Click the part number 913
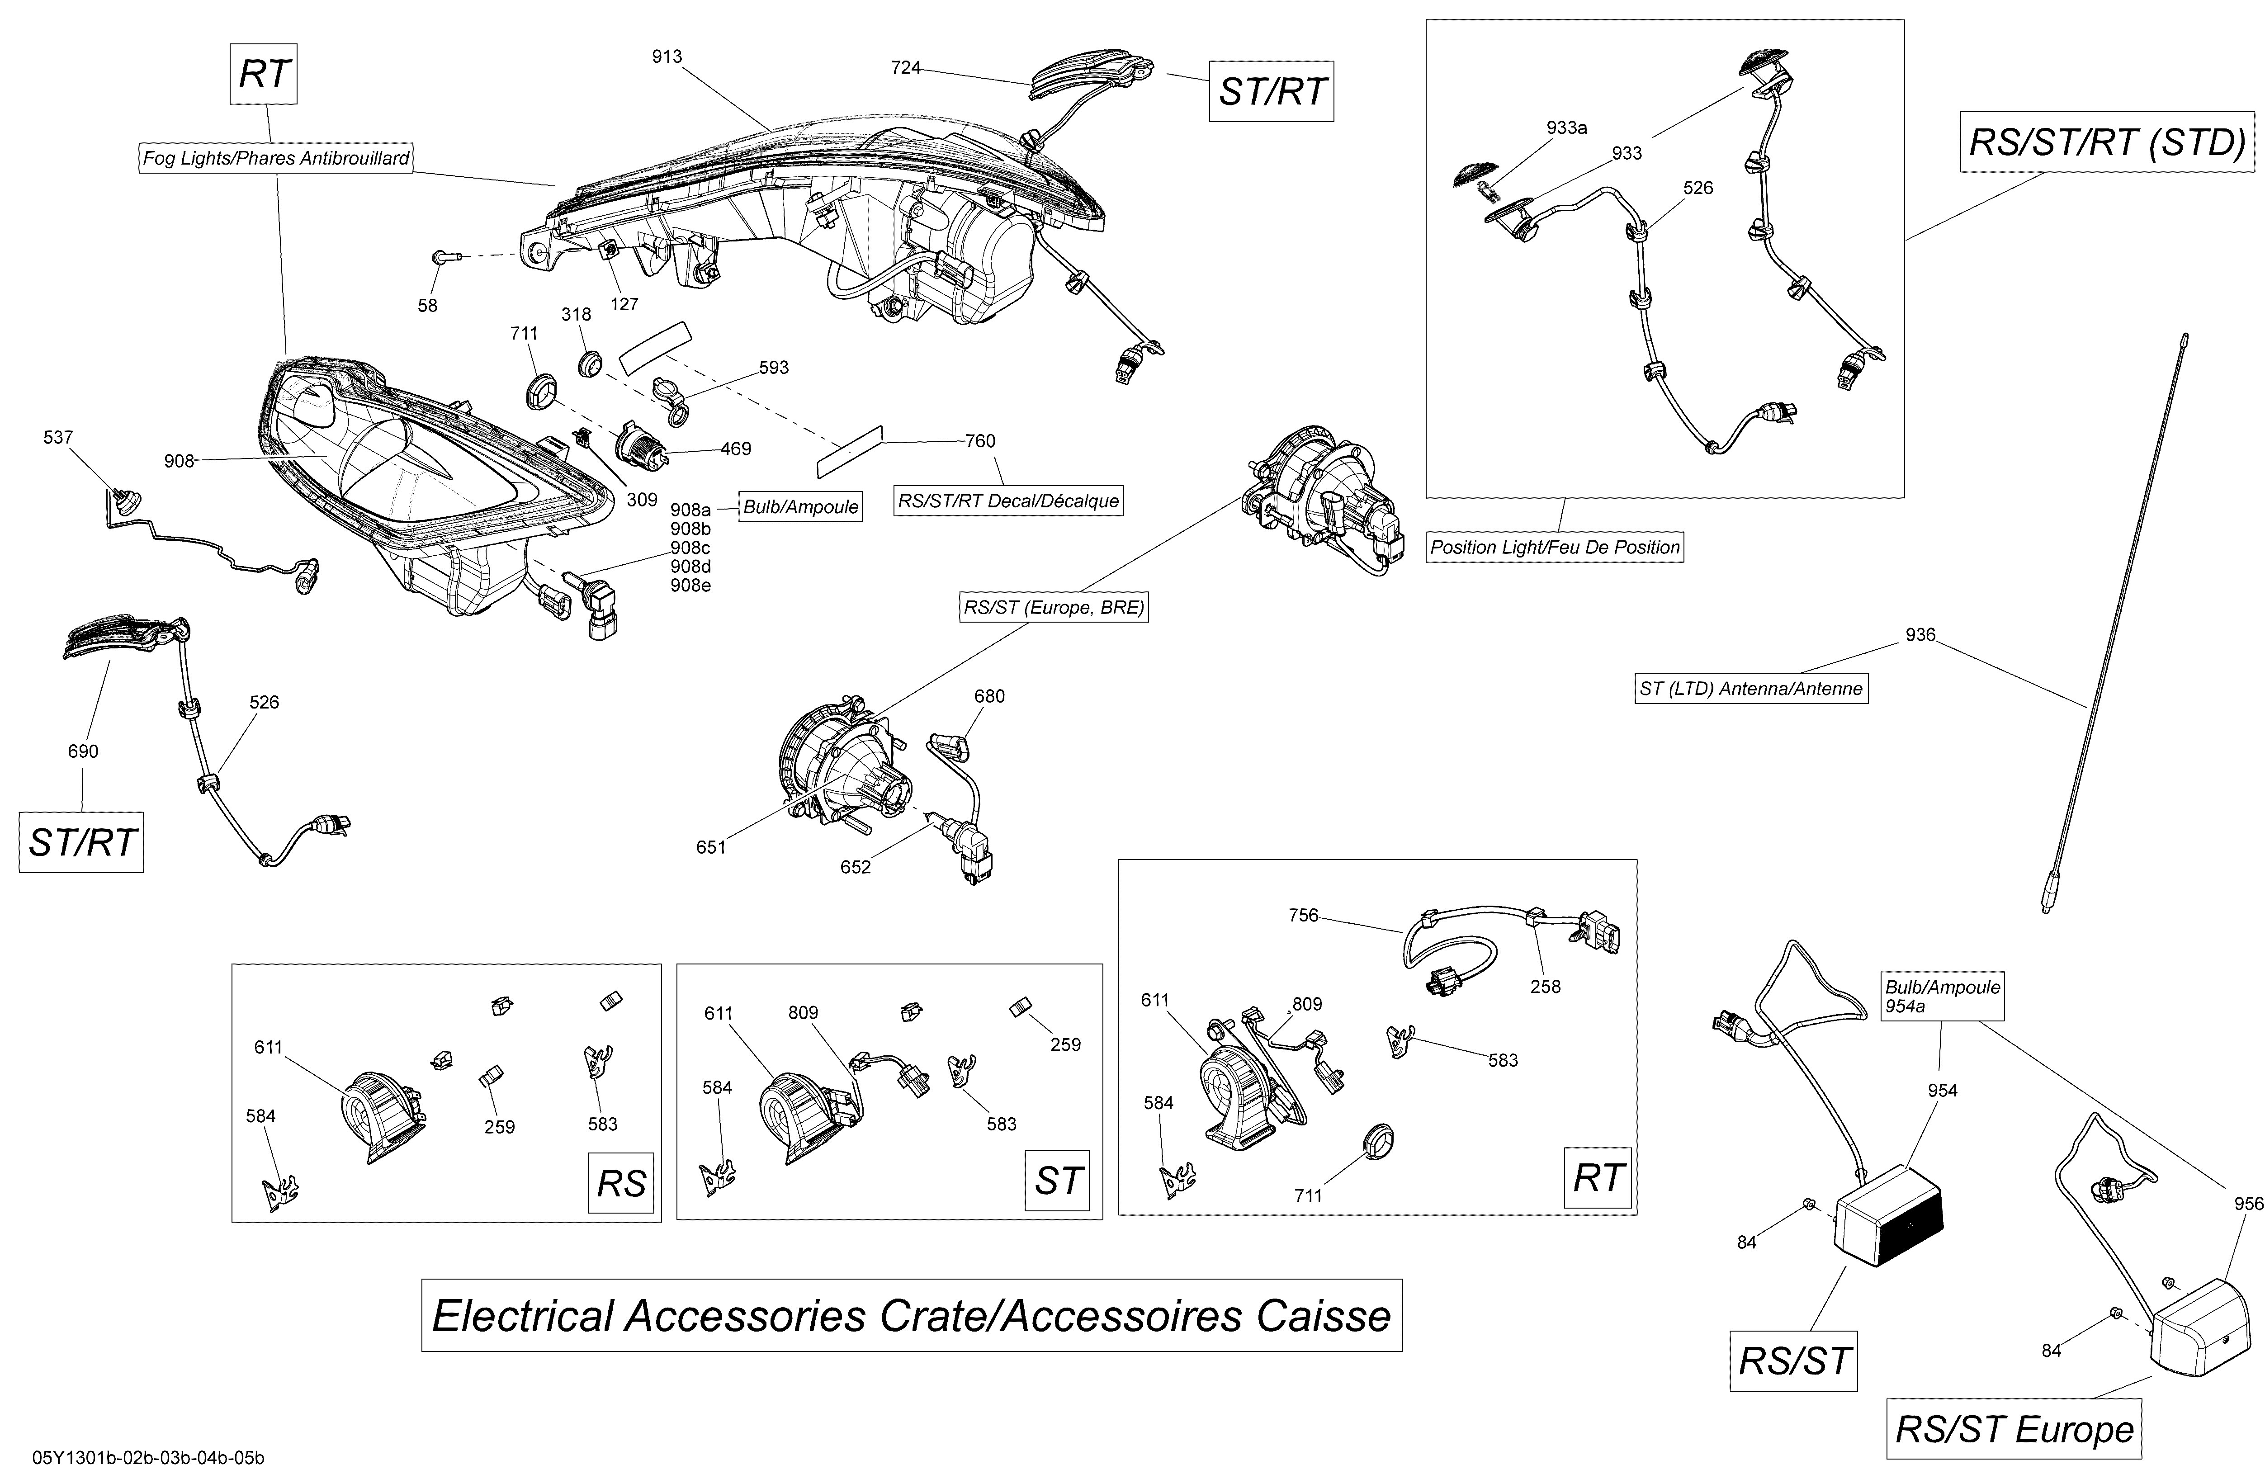[x=666, y=57]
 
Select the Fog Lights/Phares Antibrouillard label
[x=276, y=158]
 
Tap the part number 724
[x=905, y=67]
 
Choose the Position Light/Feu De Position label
[x=1555, y=547]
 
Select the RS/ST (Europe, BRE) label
[x=1054, y=607]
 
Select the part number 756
[x=1303, y=916]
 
